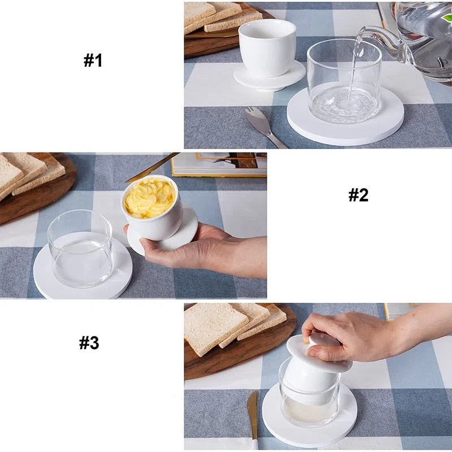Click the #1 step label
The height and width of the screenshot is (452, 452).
[x=93, y=61]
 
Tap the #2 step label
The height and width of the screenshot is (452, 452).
[x=358, y=195]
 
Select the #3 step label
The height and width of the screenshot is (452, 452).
[x=89, y=343]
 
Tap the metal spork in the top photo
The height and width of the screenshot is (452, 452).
[x=264, y=126]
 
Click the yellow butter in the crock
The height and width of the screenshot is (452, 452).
[x=150, y=197]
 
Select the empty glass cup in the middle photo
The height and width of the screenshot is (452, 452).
[x=80, y=249]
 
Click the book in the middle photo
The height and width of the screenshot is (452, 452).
[x=219, y=164]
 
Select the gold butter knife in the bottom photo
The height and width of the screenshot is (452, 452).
[x=253, y=418]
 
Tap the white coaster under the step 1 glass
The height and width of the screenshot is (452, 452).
[x=345, y=121]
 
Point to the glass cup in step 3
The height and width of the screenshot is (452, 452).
[x=309, y=395]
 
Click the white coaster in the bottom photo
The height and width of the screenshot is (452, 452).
[x=309, y=415]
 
